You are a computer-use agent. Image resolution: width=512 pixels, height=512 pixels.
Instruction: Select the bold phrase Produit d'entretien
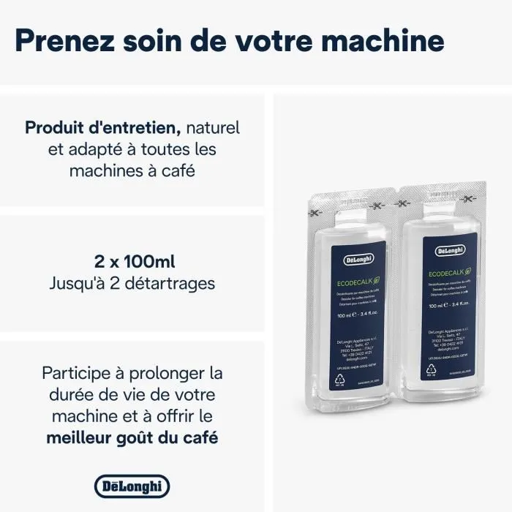pyautogui.click(x=103, y=128)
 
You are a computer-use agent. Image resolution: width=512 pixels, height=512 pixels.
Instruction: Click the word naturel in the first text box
pyautogui.click(x=213, y=128)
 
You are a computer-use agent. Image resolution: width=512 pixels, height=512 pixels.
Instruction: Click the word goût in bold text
pyautogui.click(x=151, y=438)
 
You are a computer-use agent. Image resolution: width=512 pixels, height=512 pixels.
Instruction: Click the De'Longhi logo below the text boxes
pyautogui.click(x=132, y=486)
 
